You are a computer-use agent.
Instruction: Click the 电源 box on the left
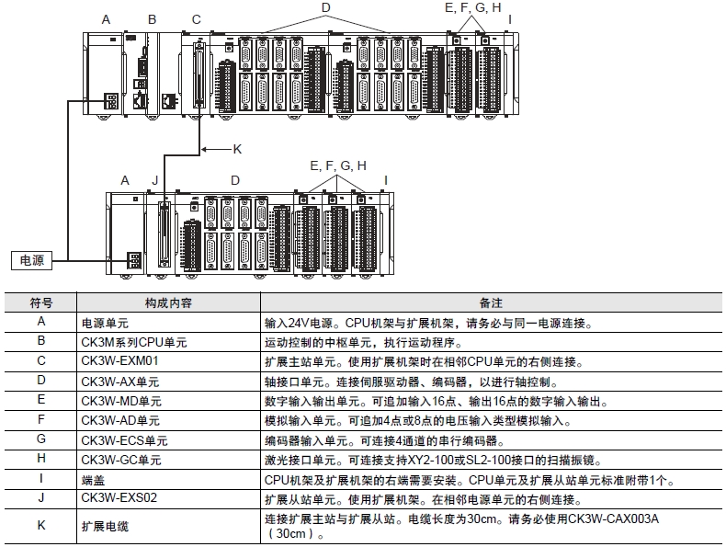(32, 261)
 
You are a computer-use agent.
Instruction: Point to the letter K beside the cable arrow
(236, 148)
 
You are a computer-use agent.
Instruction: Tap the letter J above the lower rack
(156, 181)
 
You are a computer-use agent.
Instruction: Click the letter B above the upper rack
(152, 19)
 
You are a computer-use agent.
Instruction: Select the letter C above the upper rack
(196, 19)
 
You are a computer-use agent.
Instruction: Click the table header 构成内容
(168, 302)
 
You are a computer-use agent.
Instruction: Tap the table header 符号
(40, 302)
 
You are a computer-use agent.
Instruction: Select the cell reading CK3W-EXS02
(119, 499)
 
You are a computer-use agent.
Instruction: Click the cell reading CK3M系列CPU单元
(134, 341)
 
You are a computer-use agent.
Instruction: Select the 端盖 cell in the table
(92, 479)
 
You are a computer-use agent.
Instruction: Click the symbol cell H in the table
(40, 460)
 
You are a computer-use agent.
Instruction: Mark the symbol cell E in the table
(40, 401)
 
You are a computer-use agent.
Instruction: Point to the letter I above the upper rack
(509, 19)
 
